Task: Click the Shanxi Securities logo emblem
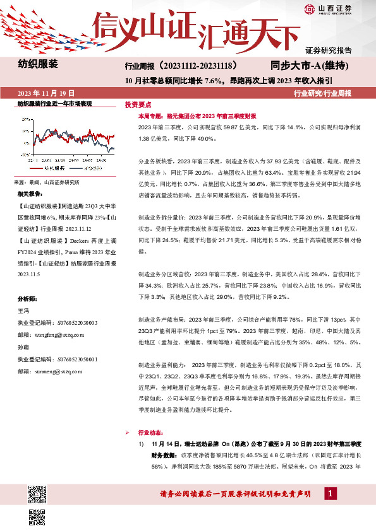(x=310, y=8)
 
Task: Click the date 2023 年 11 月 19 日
(x=42, y=93)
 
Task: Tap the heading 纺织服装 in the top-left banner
(x=38, y=64)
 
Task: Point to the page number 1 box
(x=329, y=493)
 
